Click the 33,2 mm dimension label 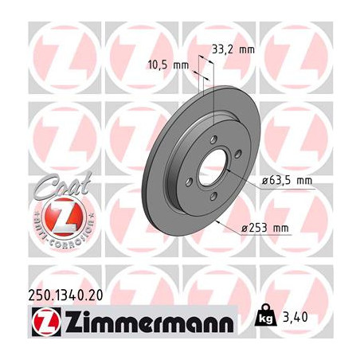click(x=233, y=49)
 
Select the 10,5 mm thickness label click(x=168, y=65)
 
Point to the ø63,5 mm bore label click(x=287, y=181)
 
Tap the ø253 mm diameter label click(x=265, y=228)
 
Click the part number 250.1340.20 click(x=65, y=295)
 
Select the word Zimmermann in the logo click(x=149, y=322)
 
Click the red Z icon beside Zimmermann click(x=46, y=322)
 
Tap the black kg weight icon click(x=265, y=315)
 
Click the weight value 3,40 click(x=295, y=317)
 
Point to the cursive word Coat click(x=64, y=185)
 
